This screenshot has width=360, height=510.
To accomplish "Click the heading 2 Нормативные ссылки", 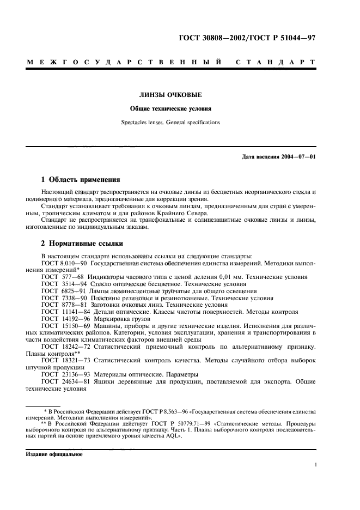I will pos(82,243).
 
